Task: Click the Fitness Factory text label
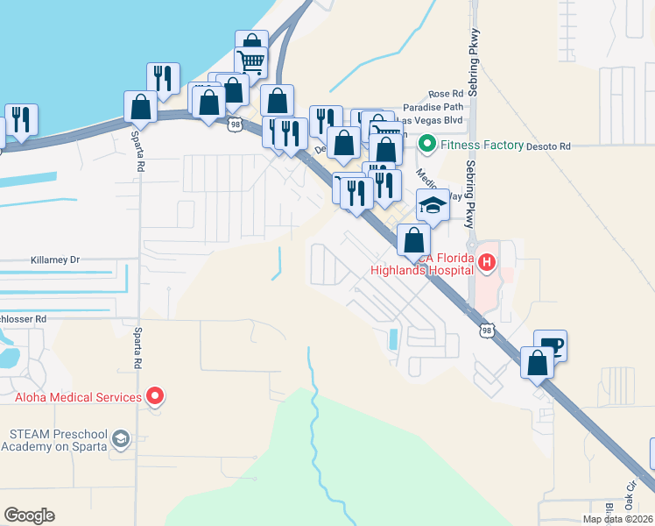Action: coord(482,145)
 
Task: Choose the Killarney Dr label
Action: coord(55,260)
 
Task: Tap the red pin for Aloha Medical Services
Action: coord(155,397)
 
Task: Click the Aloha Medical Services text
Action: coord(78,397)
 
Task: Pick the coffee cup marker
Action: coord(550,345)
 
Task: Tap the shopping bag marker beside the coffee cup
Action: coord(536,362)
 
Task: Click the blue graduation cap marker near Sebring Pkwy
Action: coord(432,205)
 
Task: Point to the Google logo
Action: coord(29,515)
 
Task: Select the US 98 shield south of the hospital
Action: coord(487,330)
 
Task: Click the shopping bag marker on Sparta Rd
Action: coord(140,107)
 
